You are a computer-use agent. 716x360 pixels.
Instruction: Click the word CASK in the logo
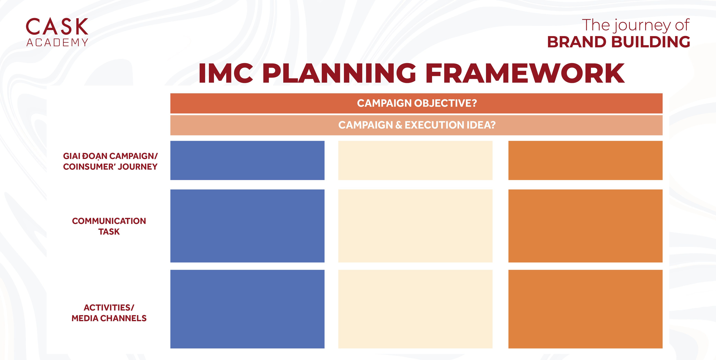tap(57, 26)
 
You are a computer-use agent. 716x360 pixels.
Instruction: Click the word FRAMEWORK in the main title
tap(525, 73)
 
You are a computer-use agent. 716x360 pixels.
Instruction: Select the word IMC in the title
tap(226, 73)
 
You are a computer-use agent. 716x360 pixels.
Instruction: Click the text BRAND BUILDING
tap(618, 42)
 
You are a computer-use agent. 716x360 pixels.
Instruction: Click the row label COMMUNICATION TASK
tap(109, 226)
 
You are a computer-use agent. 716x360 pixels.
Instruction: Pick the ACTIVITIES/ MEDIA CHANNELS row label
tap(109, 313)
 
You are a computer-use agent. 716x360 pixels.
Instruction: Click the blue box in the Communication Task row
tap(247, 226)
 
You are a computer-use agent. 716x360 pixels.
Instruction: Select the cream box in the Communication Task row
tap(415, 226)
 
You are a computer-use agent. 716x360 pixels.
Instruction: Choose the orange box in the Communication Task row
tap(585, 226)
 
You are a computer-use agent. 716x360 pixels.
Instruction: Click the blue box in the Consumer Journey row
tap(247, 160)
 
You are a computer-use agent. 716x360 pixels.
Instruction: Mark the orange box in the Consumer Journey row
tap(585, 160)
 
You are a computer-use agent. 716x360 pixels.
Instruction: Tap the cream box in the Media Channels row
tap(415, 309)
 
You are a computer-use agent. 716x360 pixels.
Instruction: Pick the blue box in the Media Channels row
tap(247, 309)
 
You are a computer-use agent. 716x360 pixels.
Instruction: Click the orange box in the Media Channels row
tap(585, 309)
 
